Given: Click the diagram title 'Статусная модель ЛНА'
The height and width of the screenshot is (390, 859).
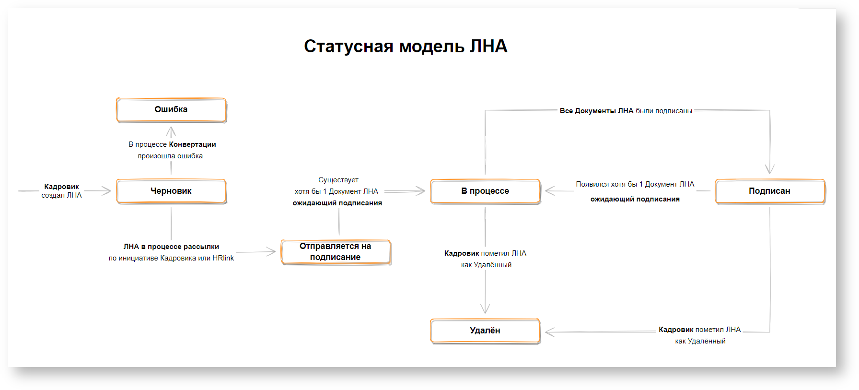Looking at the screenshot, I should pyautogui.click(x=406, y=47).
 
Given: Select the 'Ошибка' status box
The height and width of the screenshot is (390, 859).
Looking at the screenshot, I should pyautogui.click(x=171, y=110).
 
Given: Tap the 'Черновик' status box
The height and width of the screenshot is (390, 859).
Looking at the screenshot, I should pyautogui.click(x=171, y=191).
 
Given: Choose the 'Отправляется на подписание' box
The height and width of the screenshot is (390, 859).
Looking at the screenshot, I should pyautogui.click(x=336, y=252).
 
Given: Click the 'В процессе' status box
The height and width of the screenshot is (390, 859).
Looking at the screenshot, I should pyautogui.click(x=485, y=191).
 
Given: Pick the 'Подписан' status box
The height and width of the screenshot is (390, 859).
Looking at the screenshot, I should pyautogui.click(x=769, y=191).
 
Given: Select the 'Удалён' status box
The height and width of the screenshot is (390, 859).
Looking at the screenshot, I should pyautogui.click(x=485, y=331).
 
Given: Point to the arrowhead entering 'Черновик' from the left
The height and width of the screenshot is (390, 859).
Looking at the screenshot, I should pyautogui.click(x=107, y=191).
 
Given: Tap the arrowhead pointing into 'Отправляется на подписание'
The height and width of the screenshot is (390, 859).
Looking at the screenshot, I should pyautogui.click(x=272, y=251).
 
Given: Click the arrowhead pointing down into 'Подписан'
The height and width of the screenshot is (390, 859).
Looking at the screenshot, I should pyautogui.click(x=770, y=169).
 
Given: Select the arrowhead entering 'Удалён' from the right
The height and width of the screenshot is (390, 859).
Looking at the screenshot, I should pyautogui.click(x=549, y=332).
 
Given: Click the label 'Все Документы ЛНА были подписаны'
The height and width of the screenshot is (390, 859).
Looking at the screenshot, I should pyautogui.click(x=626, y=111).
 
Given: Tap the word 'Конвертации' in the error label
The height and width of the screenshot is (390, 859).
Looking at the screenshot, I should pyautogui.click(x=192, y=144).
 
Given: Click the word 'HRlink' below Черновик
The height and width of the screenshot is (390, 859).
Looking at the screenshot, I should pyautogui.click(x=223, y=258).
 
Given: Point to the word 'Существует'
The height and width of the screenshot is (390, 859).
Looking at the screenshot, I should pyautogui.click(x=338, y=180).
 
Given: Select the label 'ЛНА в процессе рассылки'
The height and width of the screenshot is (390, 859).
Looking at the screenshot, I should pyautogui.click(x=171, y=247).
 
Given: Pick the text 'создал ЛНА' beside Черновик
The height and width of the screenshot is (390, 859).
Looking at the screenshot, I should pyautogui.click(x=61, y=195).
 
